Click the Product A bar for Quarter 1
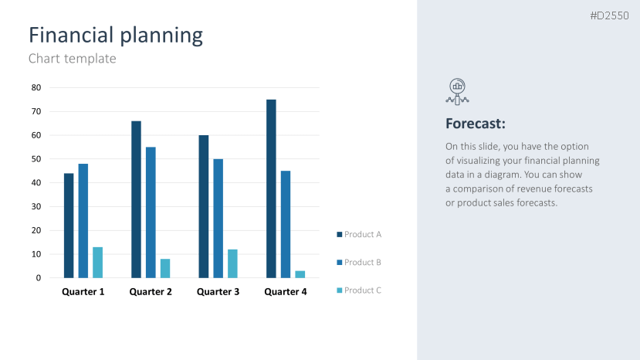click(x=69, y=226)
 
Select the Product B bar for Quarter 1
click(x=83, y=221)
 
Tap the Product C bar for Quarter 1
click(x=97, y=263)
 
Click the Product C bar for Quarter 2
click(x=165, y=268)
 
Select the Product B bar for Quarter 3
click(x=218, y=219)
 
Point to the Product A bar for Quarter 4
click(x=271, y=188)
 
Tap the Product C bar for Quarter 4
click(x=300, y=274)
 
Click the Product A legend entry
click(x=359, y=234)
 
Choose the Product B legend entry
click(x=359, y=262)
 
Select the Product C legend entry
click(x=359, y=290)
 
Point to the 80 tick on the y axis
click(x=36, y=87)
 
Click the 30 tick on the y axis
click(x=36, y=206)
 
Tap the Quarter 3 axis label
click(x=218, y=292)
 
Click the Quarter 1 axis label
click(x=83, y=292)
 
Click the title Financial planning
click(x=116, y=35)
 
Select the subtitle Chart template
click(x=72, y=58)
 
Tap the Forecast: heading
click(x=476, y=124)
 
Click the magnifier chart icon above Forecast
click(x=457, y=90)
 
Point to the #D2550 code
click(x=610, y=15)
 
